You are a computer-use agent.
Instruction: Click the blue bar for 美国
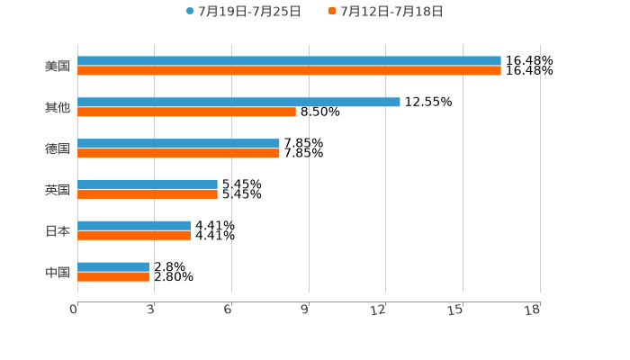[x=289, y=61]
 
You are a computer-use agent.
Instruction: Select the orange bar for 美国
[x=289, y=71]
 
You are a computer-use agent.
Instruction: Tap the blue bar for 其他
[x=238, y=102]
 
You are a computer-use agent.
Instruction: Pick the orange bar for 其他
[x=186, y=112]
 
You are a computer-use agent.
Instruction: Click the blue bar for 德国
[x=178, y=143]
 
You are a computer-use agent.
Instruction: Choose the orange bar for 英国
[x=148, y=193]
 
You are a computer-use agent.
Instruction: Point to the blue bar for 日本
[x=134, y=225]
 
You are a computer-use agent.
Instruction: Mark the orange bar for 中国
[x=113, y=276]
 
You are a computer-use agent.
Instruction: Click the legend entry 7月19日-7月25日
[x=243, y=12]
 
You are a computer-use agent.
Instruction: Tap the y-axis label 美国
[x=58, y=67]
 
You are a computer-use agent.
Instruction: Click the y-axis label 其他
[x=58, y=108]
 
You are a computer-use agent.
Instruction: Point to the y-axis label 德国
[x=58, y=148]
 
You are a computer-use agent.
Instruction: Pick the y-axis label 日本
[x=58, y=231]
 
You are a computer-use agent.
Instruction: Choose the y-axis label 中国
[x=58, y=272]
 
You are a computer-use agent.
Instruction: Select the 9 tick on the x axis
[x=305, y=310]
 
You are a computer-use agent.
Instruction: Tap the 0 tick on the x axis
[x=74, y=310]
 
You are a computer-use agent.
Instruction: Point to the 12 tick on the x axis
[x=379, y=310]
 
